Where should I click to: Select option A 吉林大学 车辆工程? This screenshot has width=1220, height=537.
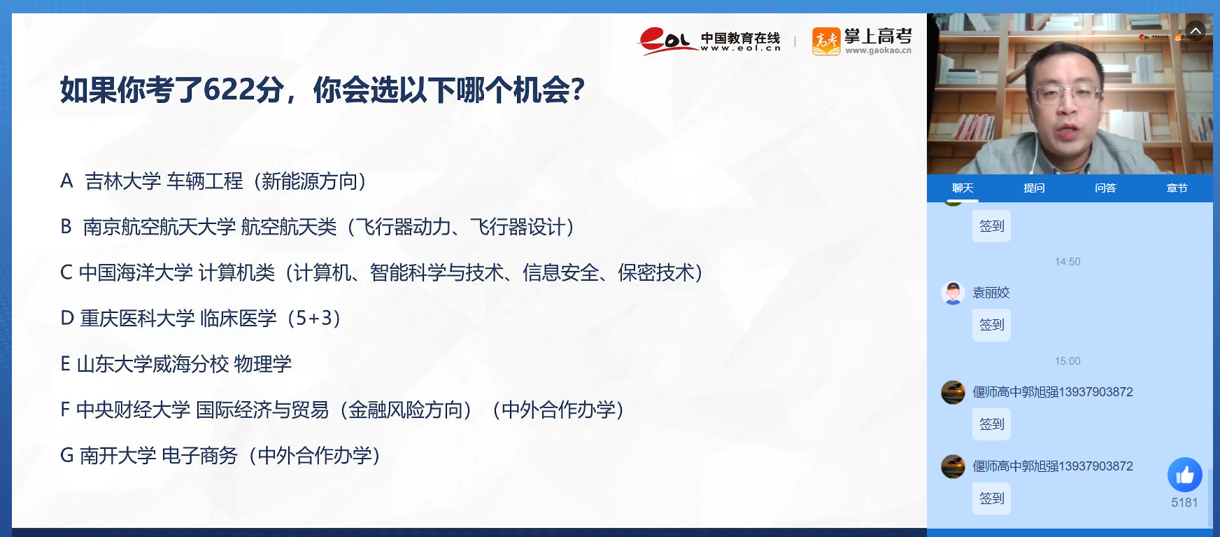[x=213, y=181]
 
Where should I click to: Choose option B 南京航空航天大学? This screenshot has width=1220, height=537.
[x=318, y=227]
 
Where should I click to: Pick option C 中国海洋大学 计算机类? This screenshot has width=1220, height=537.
[x=381, y=272]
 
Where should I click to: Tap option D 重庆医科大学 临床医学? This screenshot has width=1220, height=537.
[x=201, y=318]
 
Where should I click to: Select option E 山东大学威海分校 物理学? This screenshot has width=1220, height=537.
[x=176, y=364]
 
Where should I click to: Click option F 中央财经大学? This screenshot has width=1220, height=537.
[x=342, y=410]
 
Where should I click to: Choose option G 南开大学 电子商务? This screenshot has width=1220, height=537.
[x=220, y=455]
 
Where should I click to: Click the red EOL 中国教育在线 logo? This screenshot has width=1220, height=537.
[x=709, y=41]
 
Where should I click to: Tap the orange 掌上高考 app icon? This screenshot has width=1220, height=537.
[x=826, y=41]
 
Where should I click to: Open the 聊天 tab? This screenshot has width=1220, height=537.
[x=963, y=188]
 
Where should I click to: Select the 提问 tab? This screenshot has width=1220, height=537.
[x=1034, y=188]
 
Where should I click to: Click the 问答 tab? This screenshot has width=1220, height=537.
[x=1105, y=188]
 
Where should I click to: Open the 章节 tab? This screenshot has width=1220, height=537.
[x=1177, y=188]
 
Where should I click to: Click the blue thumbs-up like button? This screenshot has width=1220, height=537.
[x=1185, y=475]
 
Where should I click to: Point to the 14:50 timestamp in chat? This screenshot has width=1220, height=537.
[x=1067, y=262]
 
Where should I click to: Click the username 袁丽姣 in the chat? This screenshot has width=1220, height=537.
[x=991, y=293]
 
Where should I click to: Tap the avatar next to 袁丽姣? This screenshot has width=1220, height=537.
[x=953, y=293]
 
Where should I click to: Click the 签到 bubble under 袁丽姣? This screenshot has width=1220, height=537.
[x=991, y=325]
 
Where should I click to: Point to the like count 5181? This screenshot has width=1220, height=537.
[x=1184, y=503]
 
